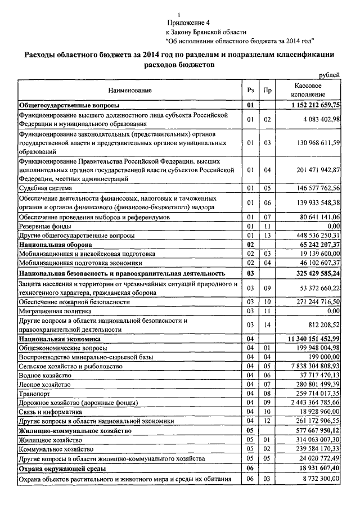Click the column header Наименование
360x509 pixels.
pyautogui.click(x=130, y=90)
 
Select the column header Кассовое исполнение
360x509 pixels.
pyautogui.click(x=308, y=90)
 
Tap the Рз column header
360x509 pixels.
pyautogui.click(x=250, y=90)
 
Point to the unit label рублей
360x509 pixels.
pyautogui.click(x=329, y=75)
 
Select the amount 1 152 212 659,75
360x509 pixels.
pyautogui.click(x=316, y=105)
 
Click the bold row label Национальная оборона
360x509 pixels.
pyautogui.click(x=55, y=245)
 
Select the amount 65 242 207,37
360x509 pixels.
pyautogui.click(x=319, y=245)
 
